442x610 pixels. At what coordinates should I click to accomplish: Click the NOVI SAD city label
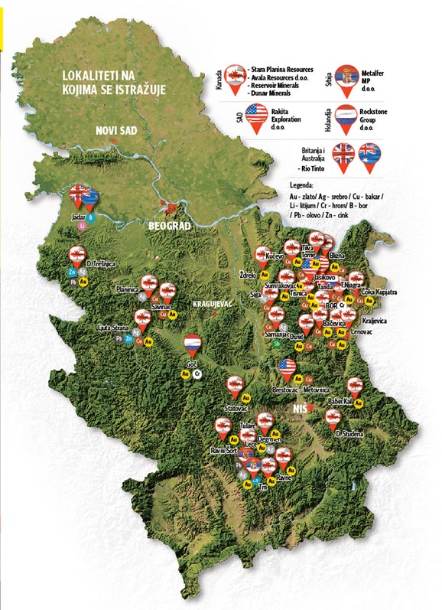pyautogui.click(x=115, y=131)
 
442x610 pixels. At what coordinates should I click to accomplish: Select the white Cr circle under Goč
pyautogui.click(x=197, y=374)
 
